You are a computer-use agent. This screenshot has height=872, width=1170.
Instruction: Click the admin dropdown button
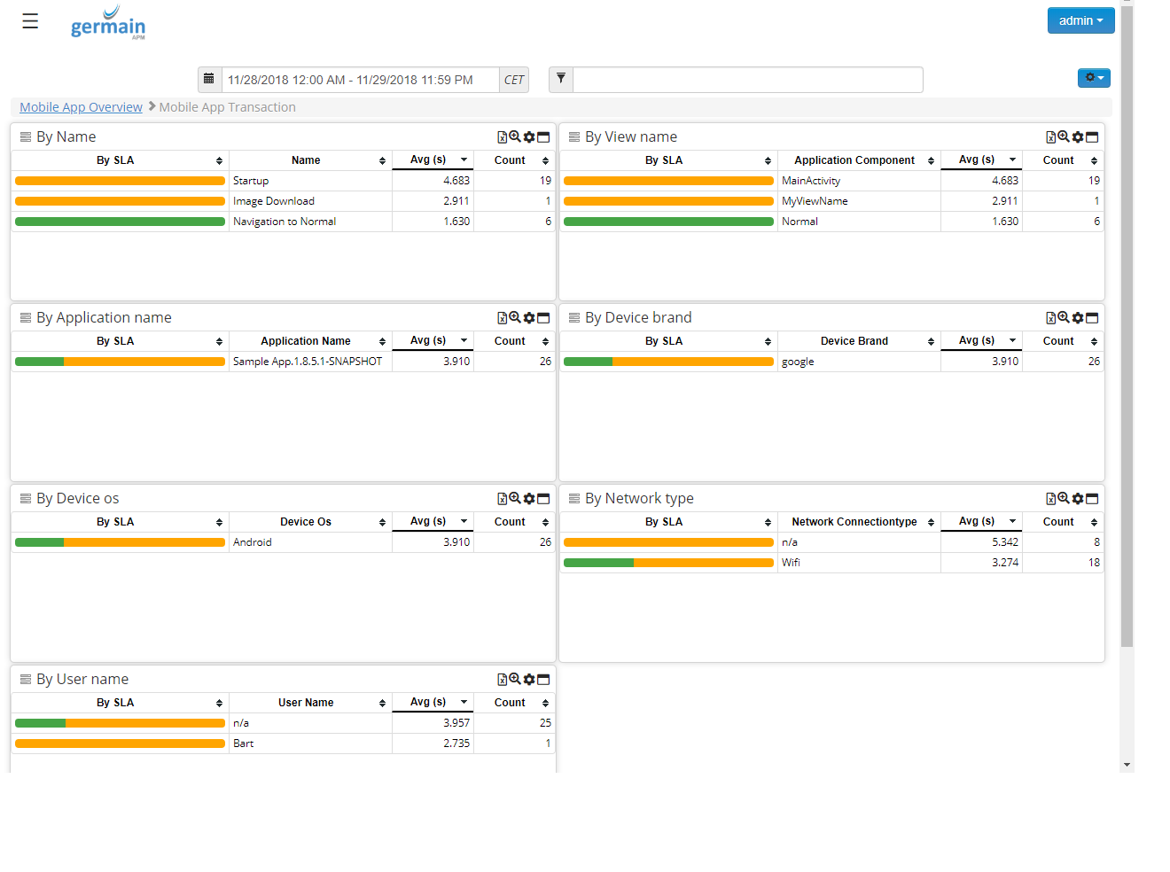click(x=1080, y=20)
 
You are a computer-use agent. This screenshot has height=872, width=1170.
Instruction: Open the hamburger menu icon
click(x=30, y=21)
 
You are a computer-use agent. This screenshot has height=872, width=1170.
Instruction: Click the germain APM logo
click(x=108, y=24)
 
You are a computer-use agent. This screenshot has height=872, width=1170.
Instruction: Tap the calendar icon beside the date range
click(x=209, y=79)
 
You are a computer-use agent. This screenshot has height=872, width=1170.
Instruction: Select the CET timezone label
click(x=514, y=80)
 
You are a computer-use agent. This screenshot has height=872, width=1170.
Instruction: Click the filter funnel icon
click(x=561, y=79)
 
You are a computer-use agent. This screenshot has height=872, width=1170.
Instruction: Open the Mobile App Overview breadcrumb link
click(x=81, y=107)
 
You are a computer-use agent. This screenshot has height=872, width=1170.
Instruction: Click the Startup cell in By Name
click(x=251, y=181)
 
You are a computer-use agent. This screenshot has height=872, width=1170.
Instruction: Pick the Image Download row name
click(x=274, y=201)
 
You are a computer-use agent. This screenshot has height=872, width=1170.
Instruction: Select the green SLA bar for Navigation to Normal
click(x=120, y=222)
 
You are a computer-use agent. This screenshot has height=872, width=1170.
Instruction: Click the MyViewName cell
click(x=815, y=201)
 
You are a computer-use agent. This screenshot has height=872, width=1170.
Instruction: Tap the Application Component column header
click(x=854, y=160)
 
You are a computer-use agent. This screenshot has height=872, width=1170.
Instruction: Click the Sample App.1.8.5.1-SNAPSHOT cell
click(x=308, y=362)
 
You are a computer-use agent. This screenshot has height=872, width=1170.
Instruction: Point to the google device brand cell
click(x=798, y=362)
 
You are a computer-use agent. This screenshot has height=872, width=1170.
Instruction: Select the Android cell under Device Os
click(x=253, y=542)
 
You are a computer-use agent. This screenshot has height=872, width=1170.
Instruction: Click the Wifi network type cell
click(x=791, y=563)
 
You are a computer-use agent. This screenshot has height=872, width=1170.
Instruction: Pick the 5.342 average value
click(x=1005, y=542)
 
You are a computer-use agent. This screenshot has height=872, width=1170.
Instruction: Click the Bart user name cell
click(x=244, y=744)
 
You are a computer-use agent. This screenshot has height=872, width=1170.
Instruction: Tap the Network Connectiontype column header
click(x=854, y=522)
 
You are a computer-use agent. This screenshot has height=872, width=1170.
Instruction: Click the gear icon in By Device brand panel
click(x=1078, y=318)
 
